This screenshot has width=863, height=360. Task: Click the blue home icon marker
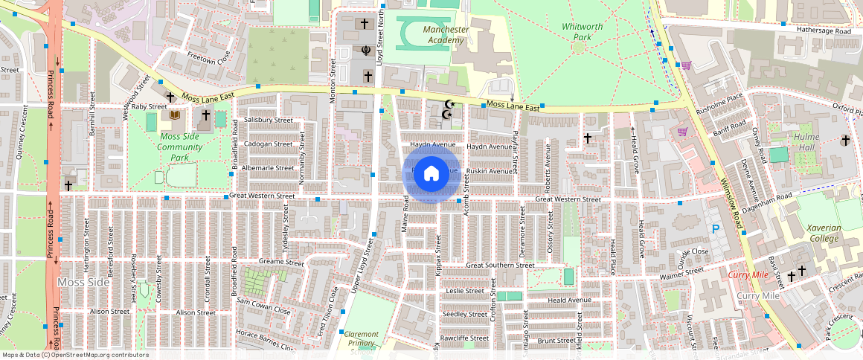coord(431,174)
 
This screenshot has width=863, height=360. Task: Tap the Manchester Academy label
coord(446,35)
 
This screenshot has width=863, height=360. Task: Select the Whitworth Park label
coord(583,32)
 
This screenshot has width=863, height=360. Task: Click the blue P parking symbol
coord(716,229)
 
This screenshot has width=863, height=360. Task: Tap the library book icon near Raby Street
coord(175,115)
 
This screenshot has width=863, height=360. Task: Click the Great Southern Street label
coord(500,265)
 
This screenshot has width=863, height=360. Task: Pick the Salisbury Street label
coord(269,120)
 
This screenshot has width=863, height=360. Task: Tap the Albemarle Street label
coord(269,168)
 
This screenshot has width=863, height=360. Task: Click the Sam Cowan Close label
coord(263,301)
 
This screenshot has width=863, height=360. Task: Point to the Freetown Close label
coord(208,57)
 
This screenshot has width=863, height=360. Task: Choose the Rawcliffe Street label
coord(463,338)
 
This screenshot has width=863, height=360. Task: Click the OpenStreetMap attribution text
coord(74,355)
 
